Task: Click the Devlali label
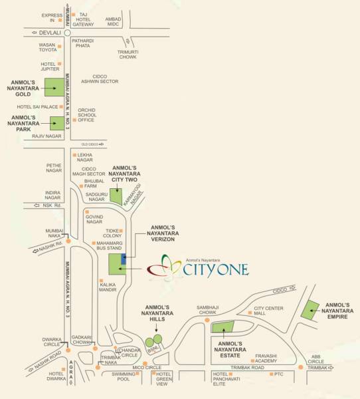coord(48,32)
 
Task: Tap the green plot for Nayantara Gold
coord(54,86)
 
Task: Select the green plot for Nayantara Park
coord(57,122)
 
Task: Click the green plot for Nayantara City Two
coord(116,195)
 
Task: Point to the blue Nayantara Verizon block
coord(123,259)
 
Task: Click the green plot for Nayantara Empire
coord(310,309)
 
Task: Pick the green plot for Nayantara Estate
coord(223,327)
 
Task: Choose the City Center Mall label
coord(269,311)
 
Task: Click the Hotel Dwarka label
coord(56,376)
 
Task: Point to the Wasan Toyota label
coord(48,47)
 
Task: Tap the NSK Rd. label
coord(51,205)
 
